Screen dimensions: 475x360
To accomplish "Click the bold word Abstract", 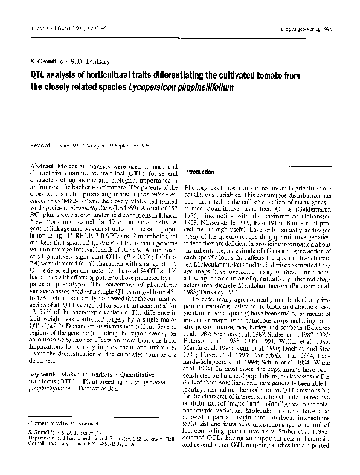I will click(41, 165).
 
